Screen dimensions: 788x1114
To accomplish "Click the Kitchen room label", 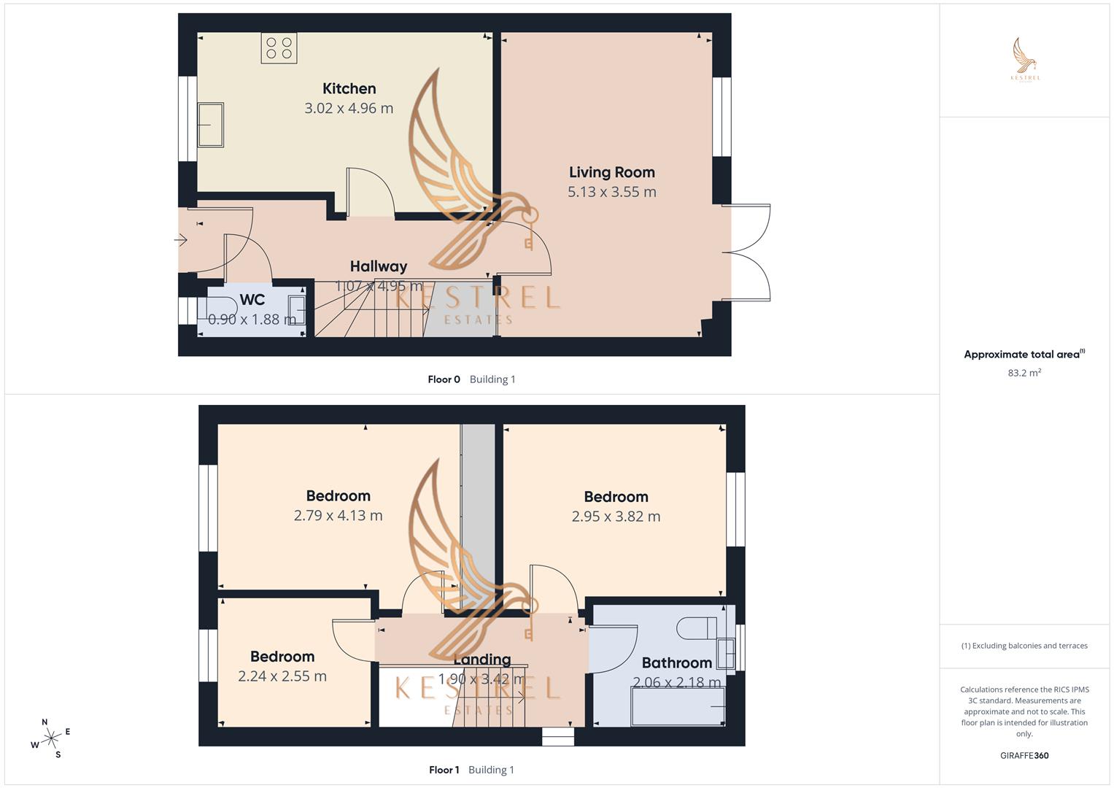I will coord(349,88).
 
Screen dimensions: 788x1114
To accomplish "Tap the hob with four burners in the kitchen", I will coord(279,48).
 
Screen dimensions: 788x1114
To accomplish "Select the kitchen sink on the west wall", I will coord(210,125).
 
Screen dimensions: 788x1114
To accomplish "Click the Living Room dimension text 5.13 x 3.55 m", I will coord(611,192).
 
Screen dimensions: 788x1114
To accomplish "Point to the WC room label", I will coord(252,300).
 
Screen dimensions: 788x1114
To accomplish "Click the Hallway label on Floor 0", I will coord(378,266).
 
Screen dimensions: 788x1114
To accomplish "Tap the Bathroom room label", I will coord(676,663).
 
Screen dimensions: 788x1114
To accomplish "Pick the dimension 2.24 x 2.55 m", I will coord(282,676).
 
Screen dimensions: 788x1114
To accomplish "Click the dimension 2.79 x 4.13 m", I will coord(338,515).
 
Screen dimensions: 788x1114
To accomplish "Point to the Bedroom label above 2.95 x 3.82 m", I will coord(616,497).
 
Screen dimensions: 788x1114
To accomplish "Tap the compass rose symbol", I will coord(51,738).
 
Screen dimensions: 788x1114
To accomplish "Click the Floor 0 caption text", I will coord(444,379).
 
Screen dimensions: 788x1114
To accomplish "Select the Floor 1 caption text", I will coord(444,770).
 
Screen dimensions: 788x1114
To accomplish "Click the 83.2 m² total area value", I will coord(1024,373).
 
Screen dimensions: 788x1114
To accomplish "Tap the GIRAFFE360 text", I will coord(1024,755).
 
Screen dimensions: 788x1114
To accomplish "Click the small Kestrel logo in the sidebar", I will coord(1025,60).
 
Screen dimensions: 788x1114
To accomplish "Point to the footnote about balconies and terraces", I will coord(1024,646).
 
